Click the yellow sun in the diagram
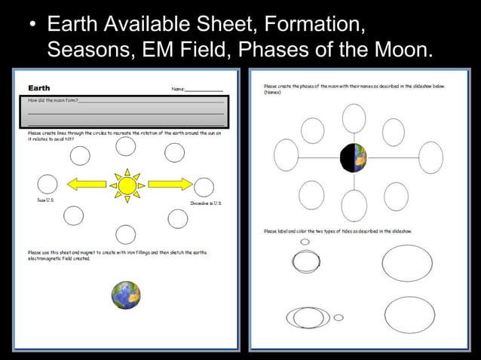pos(127,184)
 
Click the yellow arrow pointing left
pos(89,183)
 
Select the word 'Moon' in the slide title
pos(401,51)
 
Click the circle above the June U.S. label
pos(47,183)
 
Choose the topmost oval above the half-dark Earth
pos(352,118)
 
